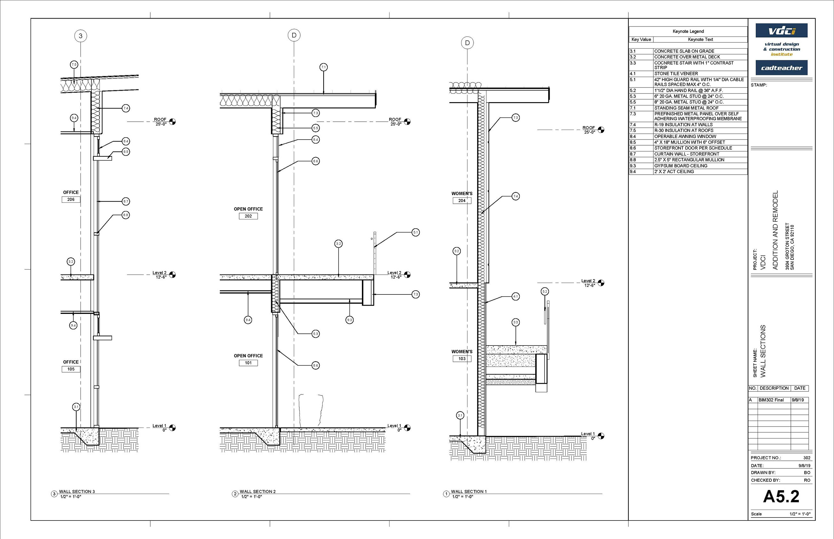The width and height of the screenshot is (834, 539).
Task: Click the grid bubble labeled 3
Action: pos(81,36)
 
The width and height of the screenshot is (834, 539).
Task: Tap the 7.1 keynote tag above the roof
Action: pos(323,67)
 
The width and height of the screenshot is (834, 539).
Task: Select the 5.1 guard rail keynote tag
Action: pos(415,232)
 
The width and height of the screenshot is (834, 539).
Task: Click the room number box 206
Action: pos(71,200)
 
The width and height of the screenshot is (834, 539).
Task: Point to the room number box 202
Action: pos(248,216)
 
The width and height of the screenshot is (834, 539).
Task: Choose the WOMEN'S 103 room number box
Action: pos(462,358)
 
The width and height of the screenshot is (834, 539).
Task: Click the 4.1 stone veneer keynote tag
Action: pos(515,296)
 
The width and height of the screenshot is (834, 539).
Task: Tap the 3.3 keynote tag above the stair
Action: pos(515,322)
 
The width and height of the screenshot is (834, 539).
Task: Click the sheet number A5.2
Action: pos(781,496)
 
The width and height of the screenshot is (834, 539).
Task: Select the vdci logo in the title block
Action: pos(782,31)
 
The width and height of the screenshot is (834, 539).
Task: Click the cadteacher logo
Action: pos(782,68)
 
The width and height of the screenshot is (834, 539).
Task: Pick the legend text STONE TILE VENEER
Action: pos(676,73)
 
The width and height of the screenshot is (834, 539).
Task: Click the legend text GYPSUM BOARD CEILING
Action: pos(681,165)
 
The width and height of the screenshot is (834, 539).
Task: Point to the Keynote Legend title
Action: pos(688,31)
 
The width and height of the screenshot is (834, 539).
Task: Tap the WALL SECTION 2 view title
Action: pos(257,491)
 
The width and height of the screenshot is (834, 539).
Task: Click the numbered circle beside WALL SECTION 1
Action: pos(446,494)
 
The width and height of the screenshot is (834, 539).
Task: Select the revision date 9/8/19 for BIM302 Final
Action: pos(798,400)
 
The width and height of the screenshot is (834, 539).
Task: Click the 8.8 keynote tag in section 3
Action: pos(125,215)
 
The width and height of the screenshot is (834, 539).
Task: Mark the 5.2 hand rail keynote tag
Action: pos(545,291)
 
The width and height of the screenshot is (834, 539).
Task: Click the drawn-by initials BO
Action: pos(807,473)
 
